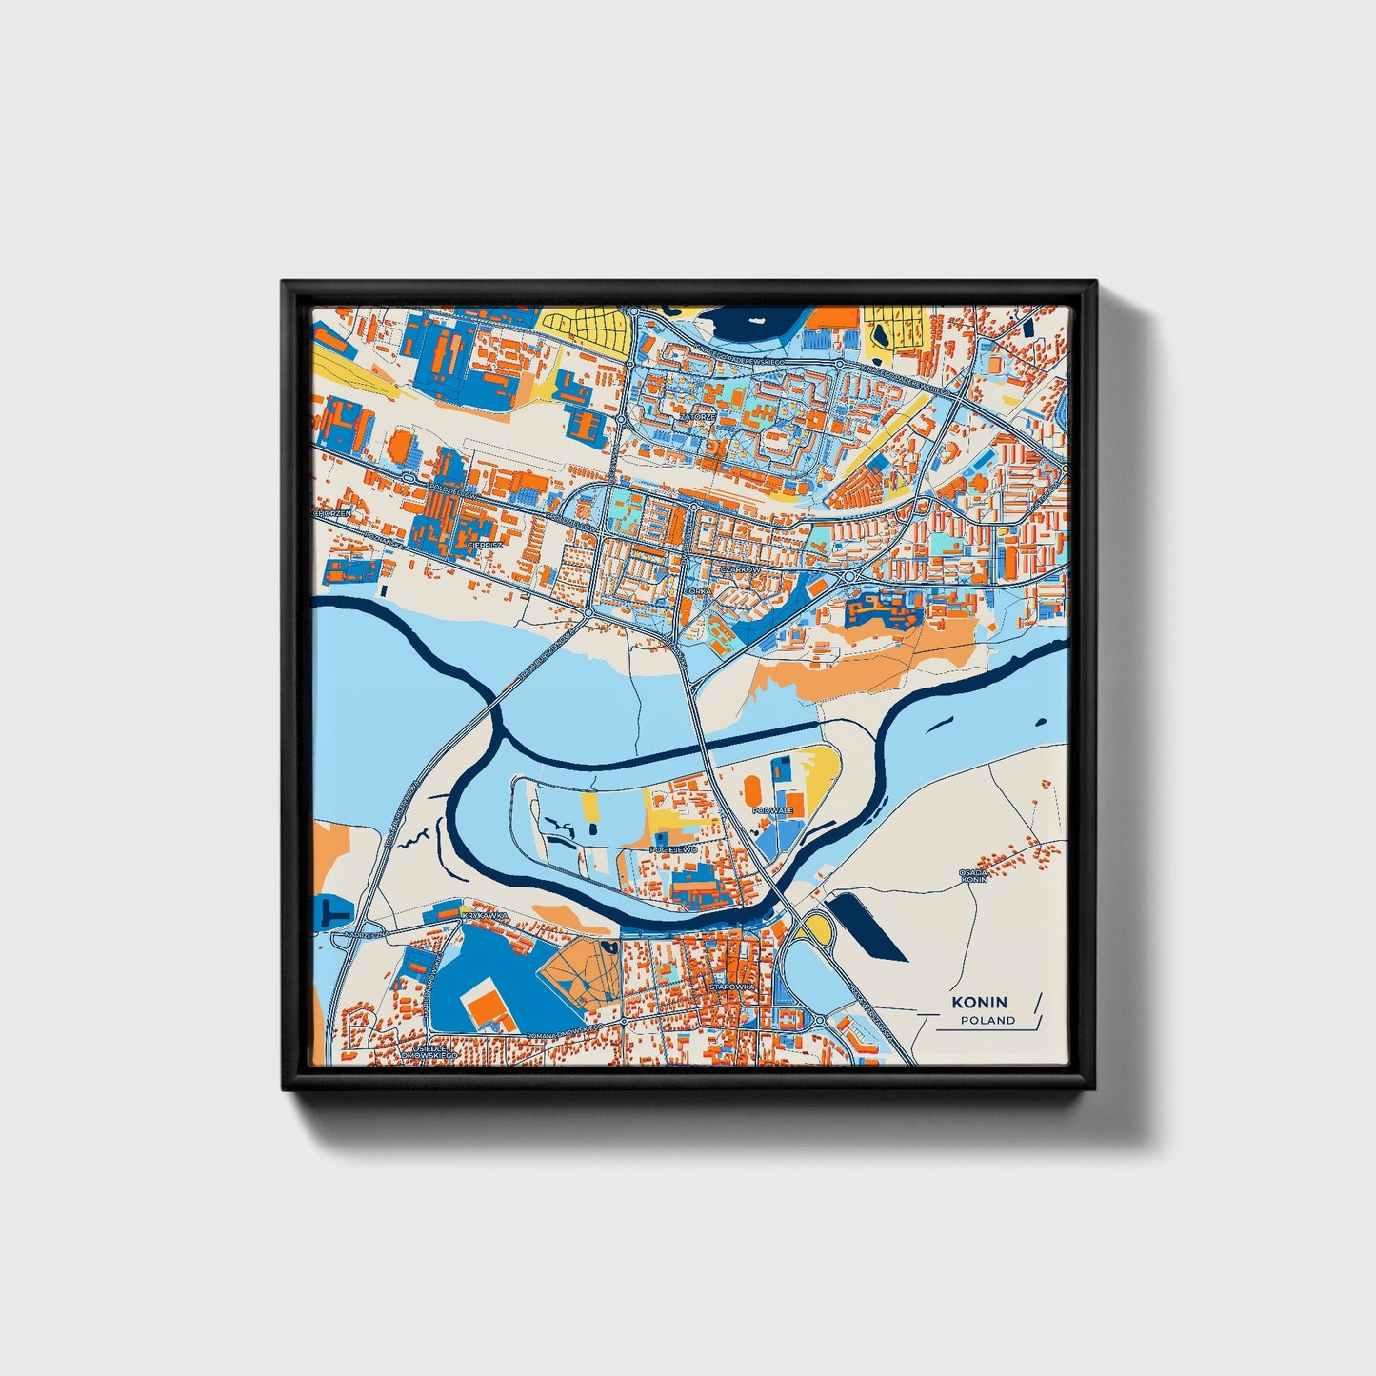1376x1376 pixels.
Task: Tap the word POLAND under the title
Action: point(987,1021)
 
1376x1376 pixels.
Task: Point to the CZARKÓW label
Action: point(740,569)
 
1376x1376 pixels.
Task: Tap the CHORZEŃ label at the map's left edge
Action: point(334,513)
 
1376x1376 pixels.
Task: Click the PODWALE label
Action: point(771,810)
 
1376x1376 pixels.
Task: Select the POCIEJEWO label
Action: point(674,848)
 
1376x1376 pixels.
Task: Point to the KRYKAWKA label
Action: point(480,915)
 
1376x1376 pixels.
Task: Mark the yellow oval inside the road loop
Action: point(817,925)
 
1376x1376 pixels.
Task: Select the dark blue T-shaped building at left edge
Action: point(329,911)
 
